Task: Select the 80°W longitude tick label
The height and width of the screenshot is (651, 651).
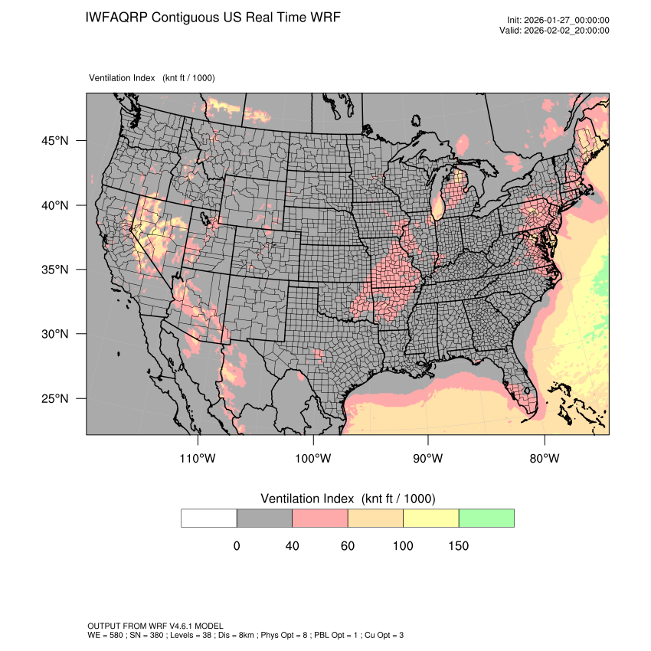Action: pos(545,459)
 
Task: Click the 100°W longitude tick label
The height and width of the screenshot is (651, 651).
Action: pos(313,459)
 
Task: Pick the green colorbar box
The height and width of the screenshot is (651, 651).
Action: pos(486,518)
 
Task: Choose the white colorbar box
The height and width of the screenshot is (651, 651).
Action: pos(209,518)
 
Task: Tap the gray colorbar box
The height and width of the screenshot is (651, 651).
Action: pos(264,518)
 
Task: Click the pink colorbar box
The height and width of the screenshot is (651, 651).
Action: pos(320,518)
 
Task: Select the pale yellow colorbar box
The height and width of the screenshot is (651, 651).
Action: pos(430,518)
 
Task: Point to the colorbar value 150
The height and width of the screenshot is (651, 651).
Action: pos(458,546)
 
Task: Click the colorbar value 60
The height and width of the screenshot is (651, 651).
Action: pos(348,546)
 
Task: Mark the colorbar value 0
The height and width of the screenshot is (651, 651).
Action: pos(237,546)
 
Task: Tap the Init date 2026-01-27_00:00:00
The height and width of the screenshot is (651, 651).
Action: pos(568,21)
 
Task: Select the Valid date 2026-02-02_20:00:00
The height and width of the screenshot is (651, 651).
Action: pos(568,31)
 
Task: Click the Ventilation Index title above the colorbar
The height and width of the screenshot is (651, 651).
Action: pos(348,499)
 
